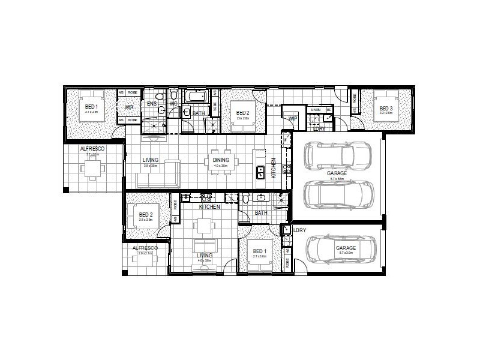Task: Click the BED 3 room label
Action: tap(386, 109)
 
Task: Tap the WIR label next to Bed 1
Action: tap(129, 109)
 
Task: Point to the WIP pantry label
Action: tap(293, 119)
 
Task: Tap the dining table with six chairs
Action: tap(220, 166)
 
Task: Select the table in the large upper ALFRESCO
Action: tap(91, 169)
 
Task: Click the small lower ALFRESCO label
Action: tap(145, 247)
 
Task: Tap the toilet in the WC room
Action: tap(173, 96)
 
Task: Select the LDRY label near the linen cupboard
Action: tap(319, 128)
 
